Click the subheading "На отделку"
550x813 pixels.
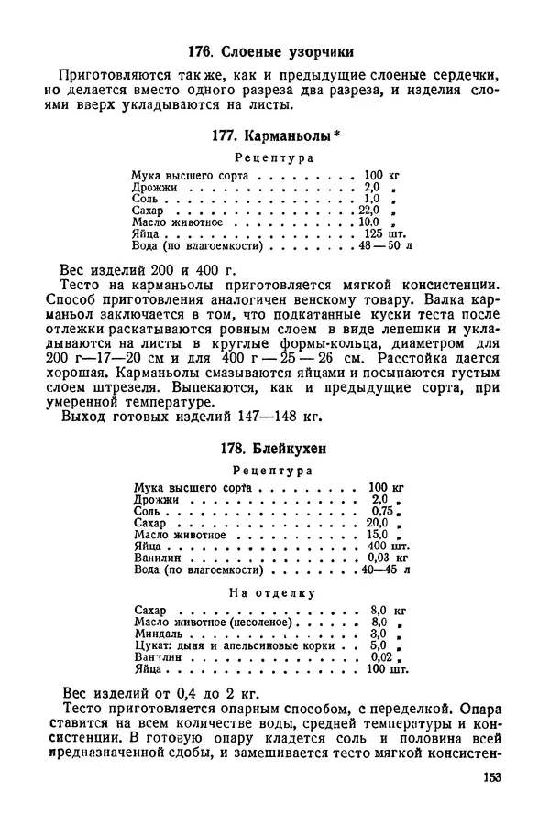click(274, 592)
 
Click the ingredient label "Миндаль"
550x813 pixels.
click(157, 633)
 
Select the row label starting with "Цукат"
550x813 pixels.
click(153, 645)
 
